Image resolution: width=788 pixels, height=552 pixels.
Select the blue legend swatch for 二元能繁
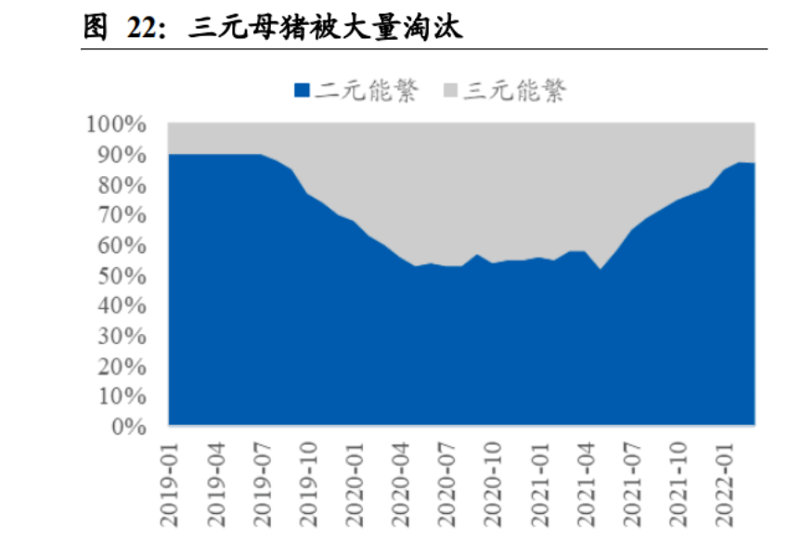(302, 91)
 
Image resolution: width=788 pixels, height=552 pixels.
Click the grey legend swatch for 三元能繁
(453, 91)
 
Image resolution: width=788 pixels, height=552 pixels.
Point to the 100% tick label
(116, 124)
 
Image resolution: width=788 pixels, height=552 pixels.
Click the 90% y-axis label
(121, 155)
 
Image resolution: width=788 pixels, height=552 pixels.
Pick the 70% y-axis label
(121, 215)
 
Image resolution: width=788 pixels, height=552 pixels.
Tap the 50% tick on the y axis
(121, 276)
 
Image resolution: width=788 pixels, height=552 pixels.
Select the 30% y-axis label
(121, 336)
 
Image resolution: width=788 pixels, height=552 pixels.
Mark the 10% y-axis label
(121, 396)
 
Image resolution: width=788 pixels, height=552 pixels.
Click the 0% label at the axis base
(126, 427)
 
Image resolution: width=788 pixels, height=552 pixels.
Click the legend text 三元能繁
(516, 91)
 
